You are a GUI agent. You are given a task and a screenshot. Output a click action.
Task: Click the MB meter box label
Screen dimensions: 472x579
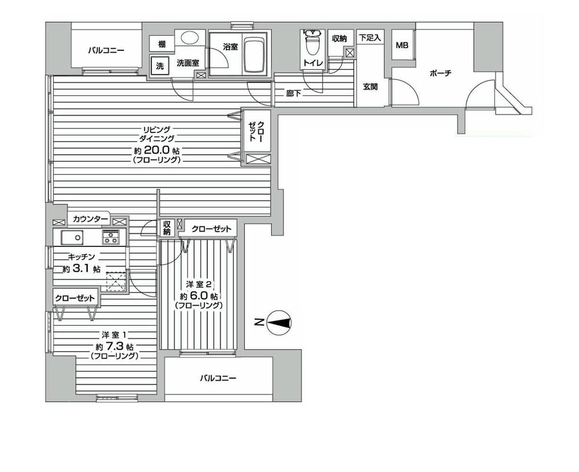[x=401, y=46]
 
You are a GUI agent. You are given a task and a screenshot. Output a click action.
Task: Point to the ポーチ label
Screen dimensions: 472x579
[x=439, y=73]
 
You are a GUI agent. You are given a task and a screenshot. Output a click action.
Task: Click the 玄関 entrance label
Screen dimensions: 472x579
[x=371, y=87]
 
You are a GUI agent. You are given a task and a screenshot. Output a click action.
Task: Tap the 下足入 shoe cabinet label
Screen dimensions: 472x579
[x=370, y=38]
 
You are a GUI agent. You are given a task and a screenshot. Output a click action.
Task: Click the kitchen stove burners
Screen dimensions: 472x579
[x=111, y=237]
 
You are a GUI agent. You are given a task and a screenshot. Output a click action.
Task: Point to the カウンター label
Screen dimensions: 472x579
[x=90, y=219]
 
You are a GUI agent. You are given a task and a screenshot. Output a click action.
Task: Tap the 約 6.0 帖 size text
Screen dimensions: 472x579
[x=199, y=295]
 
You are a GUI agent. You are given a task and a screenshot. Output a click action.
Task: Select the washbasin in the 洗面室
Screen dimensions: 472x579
[x=188, y=39]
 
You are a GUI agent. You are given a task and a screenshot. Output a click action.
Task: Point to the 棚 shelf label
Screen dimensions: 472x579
[x=162, y=44]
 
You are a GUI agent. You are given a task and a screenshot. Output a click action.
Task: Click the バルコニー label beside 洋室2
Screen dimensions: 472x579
[x=218, y=378]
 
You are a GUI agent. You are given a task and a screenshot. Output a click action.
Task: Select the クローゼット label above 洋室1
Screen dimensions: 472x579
[x=75, y=297]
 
